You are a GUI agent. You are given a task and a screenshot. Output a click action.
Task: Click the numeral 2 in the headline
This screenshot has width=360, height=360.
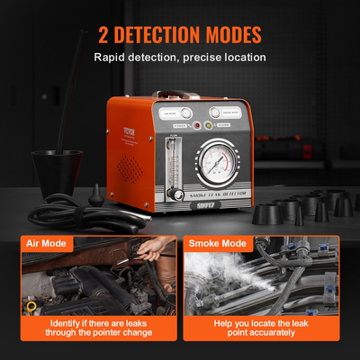[104, 36]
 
